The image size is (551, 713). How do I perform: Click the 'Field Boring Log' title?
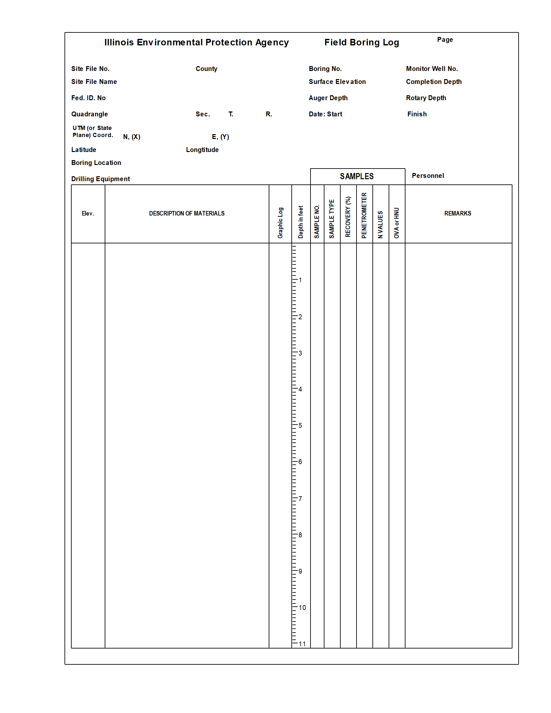click(x=361, y=42)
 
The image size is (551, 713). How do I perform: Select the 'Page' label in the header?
click(x=445, y=40)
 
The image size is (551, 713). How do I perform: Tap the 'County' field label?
click(x=206, y=69)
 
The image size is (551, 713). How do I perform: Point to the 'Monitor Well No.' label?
click(x=431, y=69)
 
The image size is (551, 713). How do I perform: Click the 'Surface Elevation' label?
click(x=337, y=82)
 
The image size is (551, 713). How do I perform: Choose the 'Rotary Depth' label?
click(x=426, y=98)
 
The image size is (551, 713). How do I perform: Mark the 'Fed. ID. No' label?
click(x=88, y=98)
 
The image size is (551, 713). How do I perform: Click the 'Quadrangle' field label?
click(x=89, y=114)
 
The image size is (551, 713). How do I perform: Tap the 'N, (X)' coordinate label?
click(x=132, y=137)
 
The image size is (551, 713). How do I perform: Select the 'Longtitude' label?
click(x=202, y=149)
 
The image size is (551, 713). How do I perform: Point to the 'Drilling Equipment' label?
click(x=100, y=179)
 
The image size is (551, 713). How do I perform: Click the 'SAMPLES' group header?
click(x=357, y=176)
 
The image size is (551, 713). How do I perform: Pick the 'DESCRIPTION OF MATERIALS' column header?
click(x=187, y=213)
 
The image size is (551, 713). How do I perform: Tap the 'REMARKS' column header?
click(x=457, y=213)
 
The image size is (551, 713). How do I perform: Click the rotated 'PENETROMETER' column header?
click(x=364, y=216)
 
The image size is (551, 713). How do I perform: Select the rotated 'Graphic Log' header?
click(x=280, y=223)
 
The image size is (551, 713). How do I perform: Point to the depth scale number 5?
click(x=300, y=426)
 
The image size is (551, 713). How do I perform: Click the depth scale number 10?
click(x=302, y=608)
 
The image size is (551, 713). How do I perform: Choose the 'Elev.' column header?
click(x=88, y=213)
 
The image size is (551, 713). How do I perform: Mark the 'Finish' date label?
click(x=416, y=114)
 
